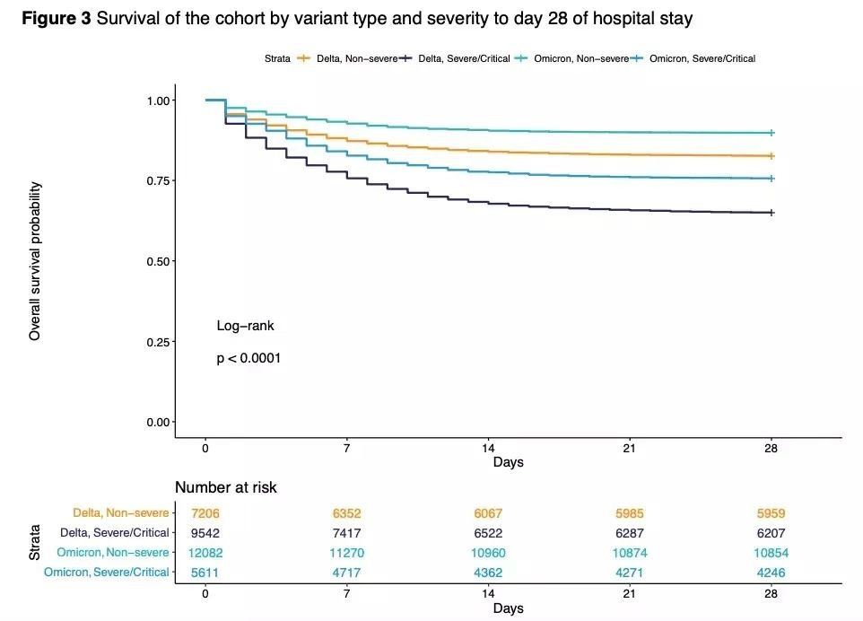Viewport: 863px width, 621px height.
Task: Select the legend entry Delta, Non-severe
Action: [x=355, y=58]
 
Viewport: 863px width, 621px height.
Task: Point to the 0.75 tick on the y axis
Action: [x=161, y=180]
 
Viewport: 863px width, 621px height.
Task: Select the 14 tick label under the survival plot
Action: [x=488, y=448]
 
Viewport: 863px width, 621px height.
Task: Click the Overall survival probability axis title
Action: [x=36, y=261]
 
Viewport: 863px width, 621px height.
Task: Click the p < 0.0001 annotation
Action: [x=248, y=358]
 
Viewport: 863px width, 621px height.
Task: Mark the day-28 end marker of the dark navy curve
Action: [x=771, y=213]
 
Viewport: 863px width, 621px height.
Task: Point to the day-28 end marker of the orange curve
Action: [x=771, y=156]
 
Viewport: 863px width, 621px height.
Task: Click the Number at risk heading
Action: [x=225, y=488]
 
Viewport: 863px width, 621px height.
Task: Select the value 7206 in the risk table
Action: [x=205, y=513]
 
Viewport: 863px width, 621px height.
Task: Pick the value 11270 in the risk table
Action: [x=346, y=553]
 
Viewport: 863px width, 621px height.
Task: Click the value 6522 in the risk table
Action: [x=488, y=533]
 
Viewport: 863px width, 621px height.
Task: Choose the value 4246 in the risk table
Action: [x=771, y=572]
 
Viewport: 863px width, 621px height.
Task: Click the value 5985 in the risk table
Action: [x=629, y=513]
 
